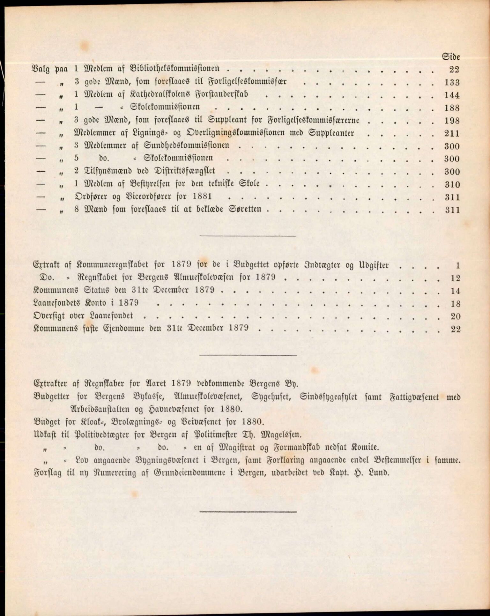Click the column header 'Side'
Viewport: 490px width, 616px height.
pos(451,57)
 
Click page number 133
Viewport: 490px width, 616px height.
pos(452,83)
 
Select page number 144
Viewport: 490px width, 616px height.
pos(452,95)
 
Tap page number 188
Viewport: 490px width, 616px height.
pos(452,108)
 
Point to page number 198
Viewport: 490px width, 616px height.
pos(452,121)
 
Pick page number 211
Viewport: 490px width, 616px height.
pos(452,133)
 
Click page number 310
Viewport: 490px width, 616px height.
pos(452,184)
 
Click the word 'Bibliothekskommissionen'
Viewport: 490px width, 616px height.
pos(175,69)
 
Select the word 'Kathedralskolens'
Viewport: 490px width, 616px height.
pos(155,94)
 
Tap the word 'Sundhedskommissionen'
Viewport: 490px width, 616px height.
pos(187,145)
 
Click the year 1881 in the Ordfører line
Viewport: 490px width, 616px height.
pos(202,197)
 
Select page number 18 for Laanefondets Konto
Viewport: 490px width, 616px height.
pos(456,303)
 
